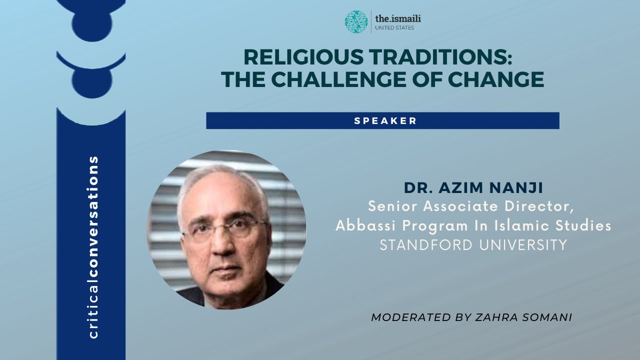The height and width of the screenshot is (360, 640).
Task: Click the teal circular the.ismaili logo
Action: [356, 21]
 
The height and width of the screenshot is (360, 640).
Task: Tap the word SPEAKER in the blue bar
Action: [385, 121]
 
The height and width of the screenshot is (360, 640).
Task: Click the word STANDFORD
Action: [428, 245]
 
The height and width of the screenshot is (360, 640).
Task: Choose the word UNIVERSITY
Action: [525, 245]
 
